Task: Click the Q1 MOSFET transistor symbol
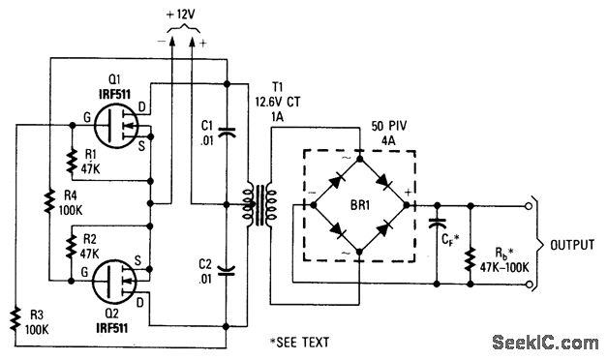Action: click(116, 124)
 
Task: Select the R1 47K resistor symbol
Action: click(72, 162)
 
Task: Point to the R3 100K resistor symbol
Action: click(15, 319)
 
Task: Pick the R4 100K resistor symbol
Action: click(49, 200)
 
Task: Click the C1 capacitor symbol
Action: click(227, 133)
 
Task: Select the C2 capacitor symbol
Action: click(227, 271)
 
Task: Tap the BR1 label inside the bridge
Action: click(360, 205)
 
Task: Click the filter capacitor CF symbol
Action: click(437, 224)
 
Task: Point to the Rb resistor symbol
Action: click(471, 258)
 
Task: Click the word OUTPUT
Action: click(572, 245)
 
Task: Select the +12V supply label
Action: click(180, 15)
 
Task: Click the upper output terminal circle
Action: click(528, 206)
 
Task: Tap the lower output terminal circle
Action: click(528, 285)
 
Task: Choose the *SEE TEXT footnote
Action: click(300, 342)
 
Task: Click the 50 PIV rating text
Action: click(389, 127)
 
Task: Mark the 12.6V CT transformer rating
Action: click(277, 103)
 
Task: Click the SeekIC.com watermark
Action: click(546, 343)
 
